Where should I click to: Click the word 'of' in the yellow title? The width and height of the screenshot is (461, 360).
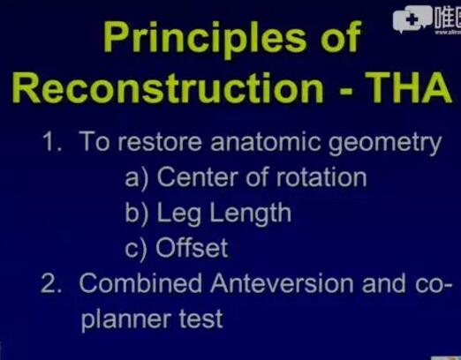(340, 37)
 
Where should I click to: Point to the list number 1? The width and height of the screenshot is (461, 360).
(52, 142)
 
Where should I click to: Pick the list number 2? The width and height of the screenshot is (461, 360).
(52, 283)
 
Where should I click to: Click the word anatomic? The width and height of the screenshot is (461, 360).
(265, 142)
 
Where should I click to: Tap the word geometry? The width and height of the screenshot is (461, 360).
(385, 144)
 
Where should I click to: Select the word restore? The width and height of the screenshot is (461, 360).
(160, 142)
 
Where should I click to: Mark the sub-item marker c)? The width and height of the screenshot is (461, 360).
(135, 250)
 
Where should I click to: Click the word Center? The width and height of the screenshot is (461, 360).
(198, 177)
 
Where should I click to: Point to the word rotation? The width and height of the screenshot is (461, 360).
(321, 177)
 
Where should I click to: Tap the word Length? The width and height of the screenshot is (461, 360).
(250, 214)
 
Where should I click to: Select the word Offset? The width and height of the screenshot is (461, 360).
(192, 248)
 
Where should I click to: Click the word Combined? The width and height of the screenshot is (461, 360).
(140, 283)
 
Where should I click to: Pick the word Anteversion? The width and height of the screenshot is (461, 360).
(282, 283)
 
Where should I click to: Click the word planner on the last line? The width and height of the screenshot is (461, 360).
(126, 320)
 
